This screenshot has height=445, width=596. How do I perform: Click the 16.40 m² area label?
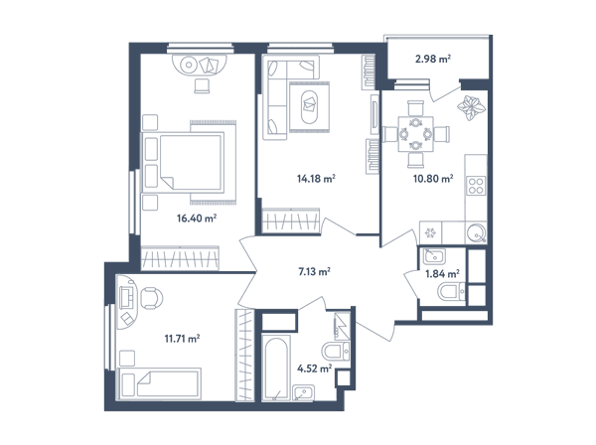[x=197, y=219]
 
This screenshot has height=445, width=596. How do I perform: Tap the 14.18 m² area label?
[x=316, y=178]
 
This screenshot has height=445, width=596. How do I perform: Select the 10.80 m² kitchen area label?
[x=433, y=178]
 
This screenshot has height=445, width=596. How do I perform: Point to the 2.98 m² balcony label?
[x=433, y=59]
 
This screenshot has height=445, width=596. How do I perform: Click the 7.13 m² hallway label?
[x=314, y=272]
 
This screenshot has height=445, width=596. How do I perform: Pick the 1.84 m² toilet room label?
[x=442, y=273]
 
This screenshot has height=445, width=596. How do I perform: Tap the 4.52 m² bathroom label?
[x=314, y=369]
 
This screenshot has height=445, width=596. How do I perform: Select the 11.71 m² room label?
[x=182, y=338]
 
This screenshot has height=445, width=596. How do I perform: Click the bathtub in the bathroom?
[x=276, y=368]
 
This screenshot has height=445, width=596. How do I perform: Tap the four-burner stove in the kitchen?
[x=476, y=186]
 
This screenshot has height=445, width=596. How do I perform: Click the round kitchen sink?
[x=476, y=233]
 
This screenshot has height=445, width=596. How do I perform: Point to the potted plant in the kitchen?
[x=471, y=107]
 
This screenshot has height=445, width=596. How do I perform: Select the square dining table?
[x=416, y=134]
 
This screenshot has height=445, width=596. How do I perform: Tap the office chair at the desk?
[x=152, y=298]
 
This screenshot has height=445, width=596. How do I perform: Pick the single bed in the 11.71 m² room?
[x=159, y=383]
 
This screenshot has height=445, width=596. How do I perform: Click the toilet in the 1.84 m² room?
[x=451, y=293]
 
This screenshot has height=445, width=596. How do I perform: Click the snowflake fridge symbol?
[x=431, y=233]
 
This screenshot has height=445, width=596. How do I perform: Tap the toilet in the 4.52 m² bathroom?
[x=336, y=352]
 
